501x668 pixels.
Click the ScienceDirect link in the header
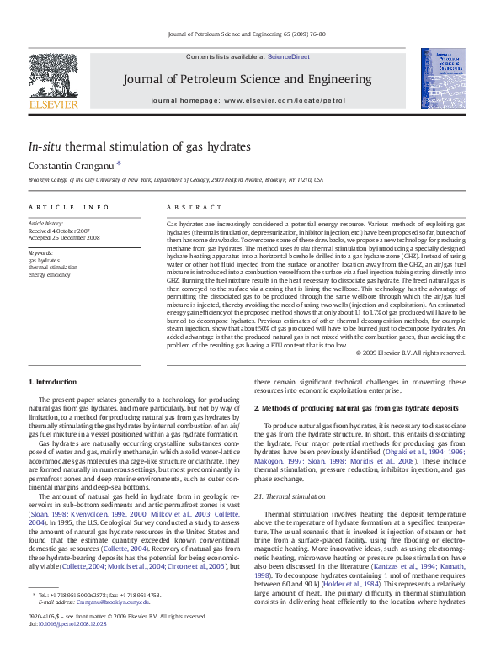(x=289, y=56)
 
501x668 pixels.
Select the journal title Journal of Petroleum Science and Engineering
(x=247, y=79)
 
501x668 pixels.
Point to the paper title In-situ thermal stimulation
(x=139, y=146)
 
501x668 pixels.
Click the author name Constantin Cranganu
(x=71, y=166)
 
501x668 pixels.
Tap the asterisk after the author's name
(x=119, y=164)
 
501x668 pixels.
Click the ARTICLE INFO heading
(x=69, y=207)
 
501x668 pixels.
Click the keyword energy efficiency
(x=50, y=274)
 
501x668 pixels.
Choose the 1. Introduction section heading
(x=52, y=383)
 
